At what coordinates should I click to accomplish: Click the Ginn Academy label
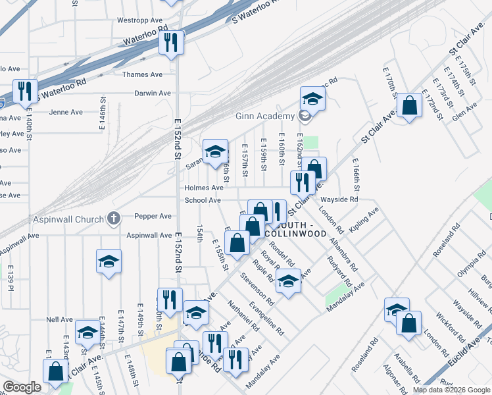point(263,117)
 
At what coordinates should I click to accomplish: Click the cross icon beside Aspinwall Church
point(113,218)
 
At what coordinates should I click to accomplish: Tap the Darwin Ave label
point(153,93)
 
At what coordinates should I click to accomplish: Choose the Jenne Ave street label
point(66,112)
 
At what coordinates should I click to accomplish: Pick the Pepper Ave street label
point(153,216)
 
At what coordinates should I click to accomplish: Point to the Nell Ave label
point(59,319)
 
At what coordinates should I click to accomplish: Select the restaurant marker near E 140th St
point(25,91)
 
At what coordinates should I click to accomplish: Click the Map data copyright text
point(450,390)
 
